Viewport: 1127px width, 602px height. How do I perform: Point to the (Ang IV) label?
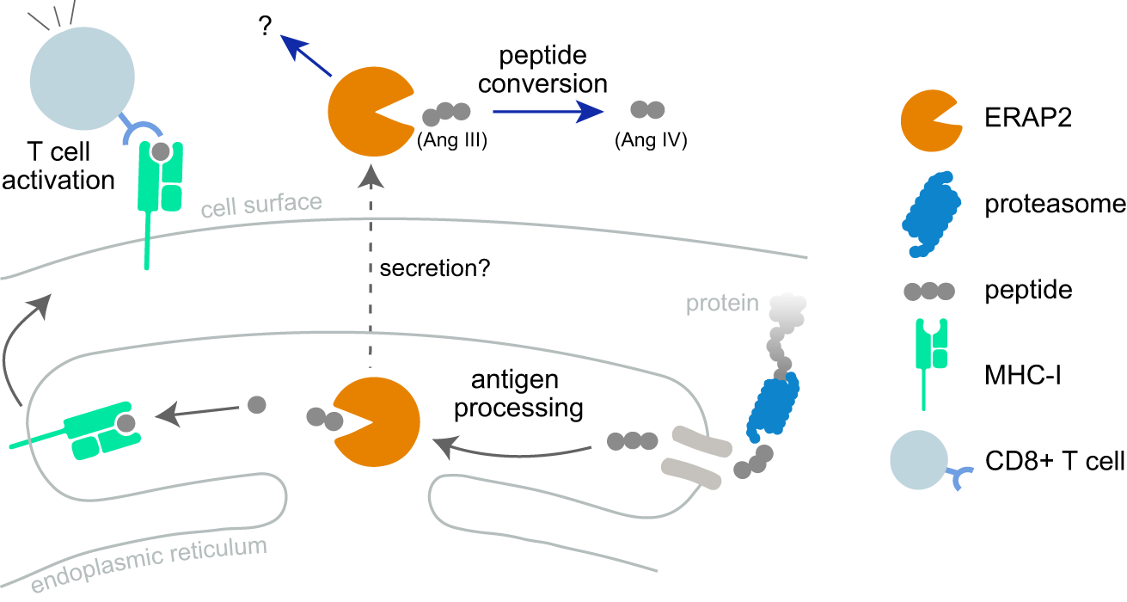(x=651, y=138)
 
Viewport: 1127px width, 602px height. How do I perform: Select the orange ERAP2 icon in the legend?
(x=931, y=121)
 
